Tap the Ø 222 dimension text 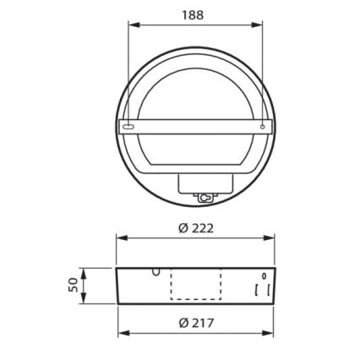[195, 228]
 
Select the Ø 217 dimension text [195, 321]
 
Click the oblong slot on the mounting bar [128, 126]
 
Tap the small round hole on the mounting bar [264, 127]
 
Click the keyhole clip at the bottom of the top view [205, 196]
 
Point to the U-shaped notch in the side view [155, 272]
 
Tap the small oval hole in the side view [264, 276]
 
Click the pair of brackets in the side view [263, 289]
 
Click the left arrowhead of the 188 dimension [131, 25]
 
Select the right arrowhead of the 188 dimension [259, 25]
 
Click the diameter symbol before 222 [183, 228]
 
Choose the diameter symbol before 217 [183, 321]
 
